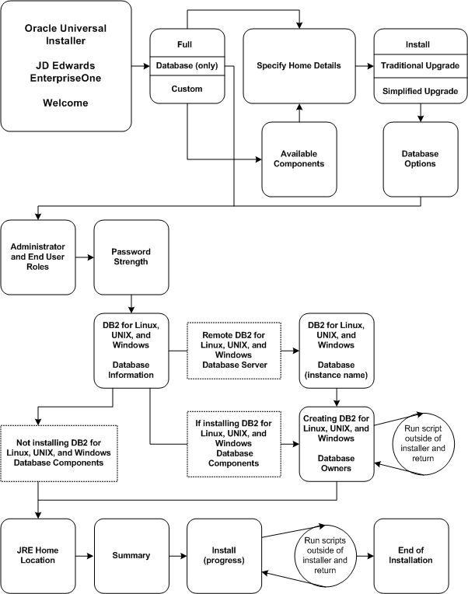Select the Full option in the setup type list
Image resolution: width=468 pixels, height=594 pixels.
click(x=187, y=44)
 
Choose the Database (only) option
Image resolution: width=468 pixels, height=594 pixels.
click(x=187, y=66)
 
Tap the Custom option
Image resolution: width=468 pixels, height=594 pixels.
click(x=187, y=89)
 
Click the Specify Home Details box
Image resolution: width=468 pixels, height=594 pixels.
click(x=299, y=66)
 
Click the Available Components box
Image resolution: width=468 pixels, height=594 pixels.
click(x=299, y=159)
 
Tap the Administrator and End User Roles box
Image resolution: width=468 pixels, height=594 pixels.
click(x=38, y=257)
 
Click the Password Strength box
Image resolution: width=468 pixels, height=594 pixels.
click(x=131, y=257)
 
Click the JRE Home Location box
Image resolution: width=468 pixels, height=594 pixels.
click(x=38, y=555)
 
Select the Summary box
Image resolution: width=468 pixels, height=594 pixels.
click(x=131, y=555)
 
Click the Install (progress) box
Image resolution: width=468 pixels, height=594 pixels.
click(x=224, y=555)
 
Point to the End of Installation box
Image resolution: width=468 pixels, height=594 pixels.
click(x=412, y=555)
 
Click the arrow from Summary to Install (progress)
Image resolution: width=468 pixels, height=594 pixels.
click(x=177, y=555)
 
